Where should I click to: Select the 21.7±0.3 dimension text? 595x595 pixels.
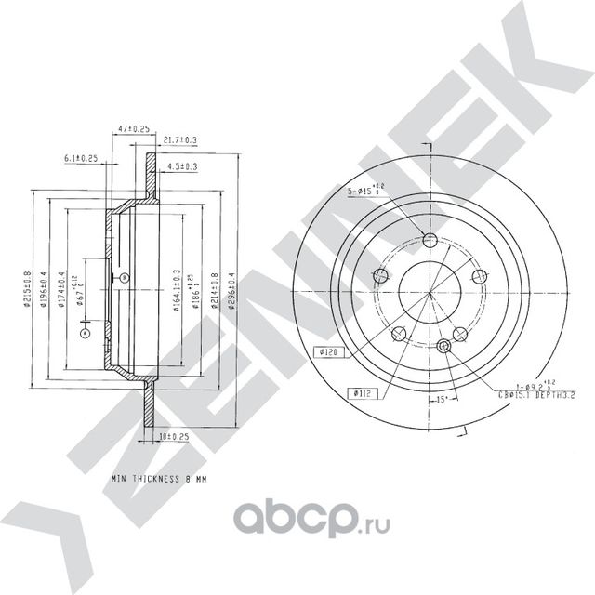178,140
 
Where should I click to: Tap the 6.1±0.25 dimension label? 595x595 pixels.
83,159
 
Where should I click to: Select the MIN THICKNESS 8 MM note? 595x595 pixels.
157,479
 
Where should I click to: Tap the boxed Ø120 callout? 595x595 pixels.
326,352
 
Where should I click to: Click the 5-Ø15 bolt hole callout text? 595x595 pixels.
366,192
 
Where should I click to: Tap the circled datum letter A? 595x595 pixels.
85,331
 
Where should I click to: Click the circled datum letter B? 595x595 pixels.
125,278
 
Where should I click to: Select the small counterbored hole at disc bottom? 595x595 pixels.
443,346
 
